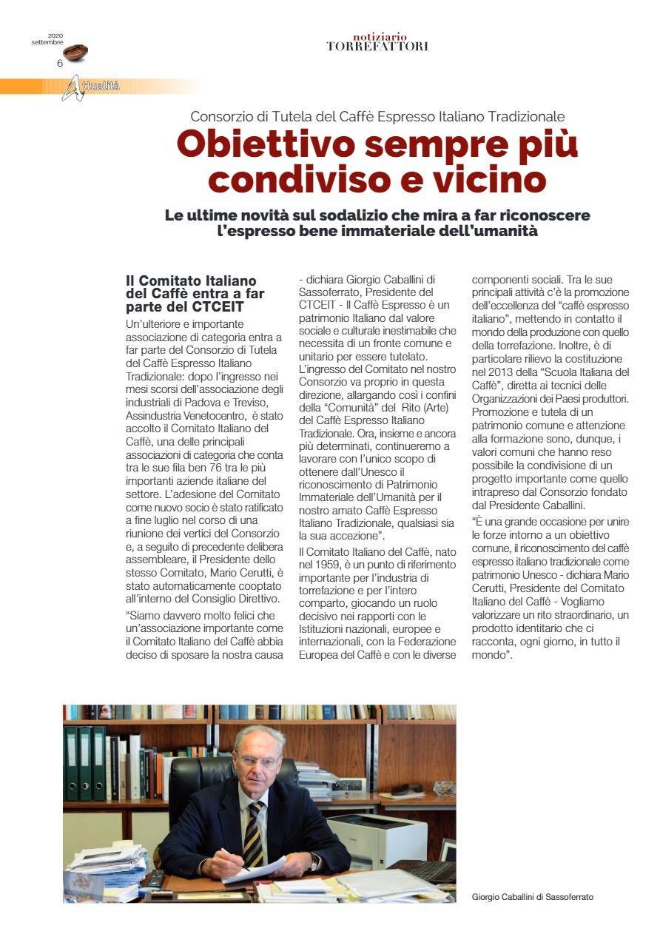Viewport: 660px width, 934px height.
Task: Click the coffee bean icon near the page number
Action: (75, 53)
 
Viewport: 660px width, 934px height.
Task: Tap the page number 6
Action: (59, 63)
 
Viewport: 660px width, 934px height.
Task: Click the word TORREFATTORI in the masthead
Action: (377, 46)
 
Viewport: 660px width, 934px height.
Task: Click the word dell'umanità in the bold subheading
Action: (496, 231)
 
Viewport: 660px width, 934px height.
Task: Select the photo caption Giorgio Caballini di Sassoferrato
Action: (532, 897)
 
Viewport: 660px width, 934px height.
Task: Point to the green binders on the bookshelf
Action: (85, 763)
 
